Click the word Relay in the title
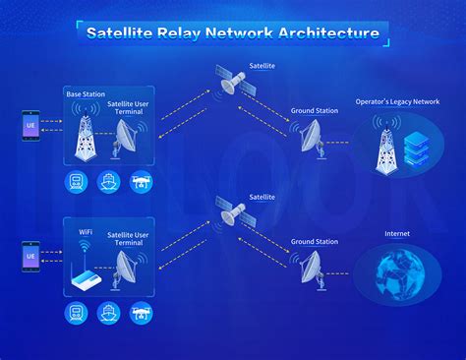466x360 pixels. tap(182, 32)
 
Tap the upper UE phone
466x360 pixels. tap(31, 129)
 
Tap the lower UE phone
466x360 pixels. tap(31, 258)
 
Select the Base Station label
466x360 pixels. tap(86, 93)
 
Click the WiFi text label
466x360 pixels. tap(86, 233)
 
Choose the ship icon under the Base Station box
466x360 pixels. tap(107, 182)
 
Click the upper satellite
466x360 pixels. tap(237, 83)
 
